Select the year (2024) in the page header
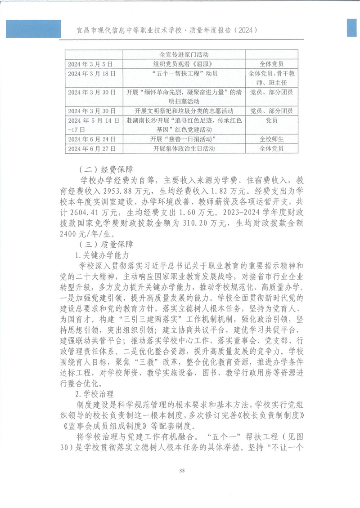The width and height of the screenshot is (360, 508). (x=246, y=31)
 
